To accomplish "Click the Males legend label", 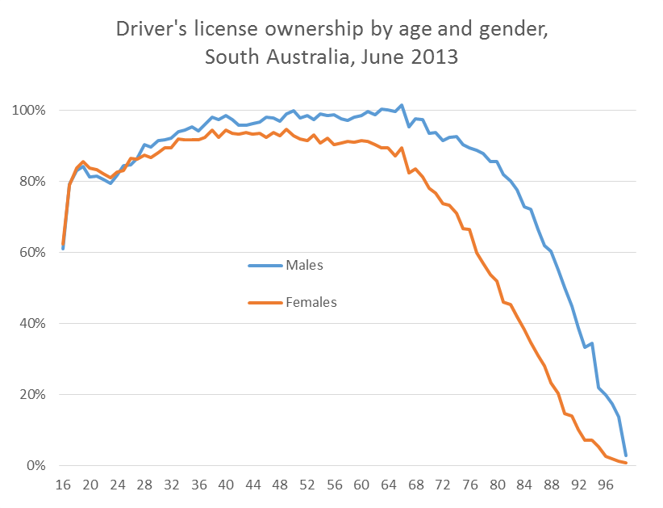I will (304, 264).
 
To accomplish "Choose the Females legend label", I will (311, 302).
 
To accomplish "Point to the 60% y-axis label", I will (36, 252).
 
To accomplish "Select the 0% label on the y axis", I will (40, 466).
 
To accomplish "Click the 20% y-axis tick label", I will (36, 395).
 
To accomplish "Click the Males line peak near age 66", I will (402, 105).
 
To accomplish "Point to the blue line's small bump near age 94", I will (592, 343).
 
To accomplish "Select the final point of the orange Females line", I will (626, 463).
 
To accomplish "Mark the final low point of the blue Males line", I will (626, 456).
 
